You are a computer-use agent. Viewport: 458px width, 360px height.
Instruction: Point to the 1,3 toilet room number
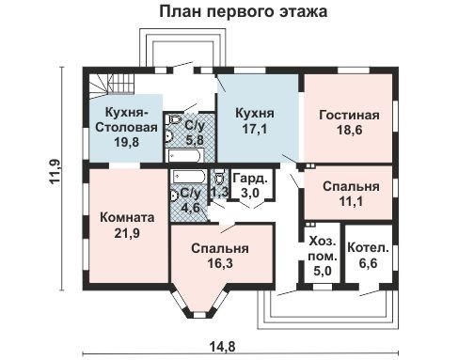pos(219,193)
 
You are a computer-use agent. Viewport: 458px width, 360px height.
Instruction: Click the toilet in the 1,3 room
pos(219,177)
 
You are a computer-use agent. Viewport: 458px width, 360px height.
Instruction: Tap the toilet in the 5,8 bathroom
pos(174,121)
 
